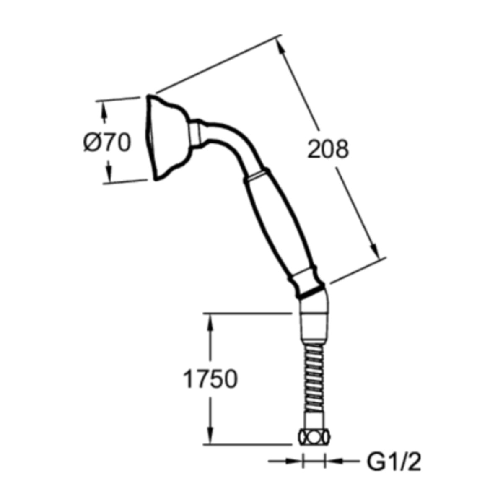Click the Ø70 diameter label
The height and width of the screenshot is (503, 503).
click(107, 143)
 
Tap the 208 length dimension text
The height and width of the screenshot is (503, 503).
click(328, 149)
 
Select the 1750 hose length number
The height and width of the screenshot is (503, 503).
click(210, 379)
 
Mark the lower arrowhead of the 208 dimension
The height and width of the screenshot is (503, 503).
click(375, 250)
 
